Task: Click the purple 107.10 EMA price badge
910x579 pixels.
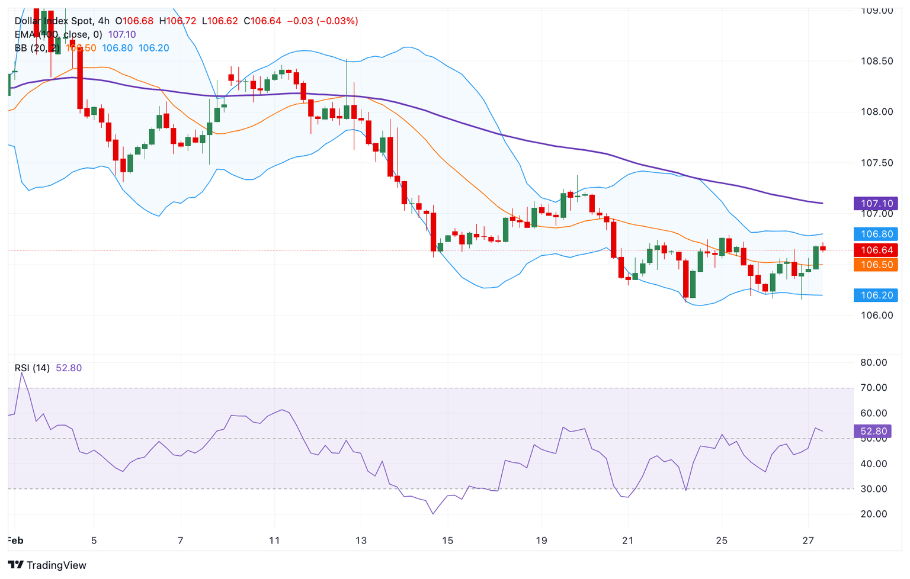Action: (876, 203)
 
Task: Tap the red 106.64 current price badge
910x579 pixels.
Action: (876, 250)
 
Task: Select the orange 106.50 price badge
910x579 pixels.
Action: (876, 265)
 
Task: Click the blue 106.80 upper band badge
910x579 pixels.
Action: (876, 234)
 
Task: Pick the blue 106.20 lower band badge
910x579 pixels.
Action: (876, 295)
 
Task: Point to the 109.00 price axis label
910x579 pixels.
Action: (877, 11)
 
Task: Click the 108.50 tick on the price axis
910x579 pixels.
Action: (877, 61)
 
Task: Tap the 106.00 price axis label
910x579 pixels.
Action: (877, 315)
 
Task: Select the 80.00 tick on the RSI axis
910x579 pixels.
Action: (873, 362)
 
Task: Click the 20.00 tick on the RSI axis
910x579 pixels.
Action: (873, 514)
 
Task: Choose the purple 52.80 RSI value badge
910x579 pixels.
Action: (873, 431)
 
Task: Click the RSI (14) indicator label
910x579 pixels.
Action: (32, 368)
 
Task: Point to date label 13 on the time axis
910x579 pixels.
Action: (361, 540)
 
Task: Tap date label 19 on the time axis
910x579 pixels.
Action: (541, 540)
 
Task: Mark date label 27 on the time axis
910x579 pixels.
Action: (808, 540)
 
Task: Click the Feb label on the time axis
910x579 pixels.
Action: (15, 540)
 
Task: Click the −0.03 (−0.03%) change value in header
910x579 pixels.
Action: (322, 21)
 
